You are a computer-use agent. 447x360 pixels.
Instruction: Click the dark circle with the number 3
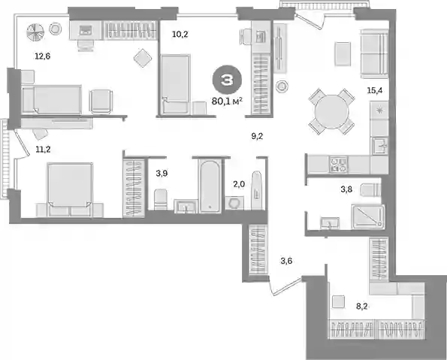(x=227, y=80)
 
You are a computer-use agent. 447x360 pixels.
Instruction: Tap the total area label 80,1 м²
(x=227, y=101)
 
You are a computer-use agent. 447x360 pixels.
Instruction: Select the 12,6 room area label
(x=43, y=56)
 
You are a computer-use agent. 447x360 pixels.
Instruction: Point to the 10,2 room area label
(x=180, y=35)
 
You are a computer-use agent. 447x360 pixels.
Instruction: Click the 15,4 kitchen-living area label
(x=375, y=91)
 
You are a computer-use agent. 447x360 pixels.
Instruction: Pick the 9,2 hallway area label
(x=257, y=136)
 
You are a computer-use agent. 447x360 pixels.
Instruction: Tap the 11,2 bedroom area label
(x=43, y=149)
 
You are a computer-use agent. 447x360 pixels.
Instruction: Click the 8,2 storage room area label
(x=361, y=307)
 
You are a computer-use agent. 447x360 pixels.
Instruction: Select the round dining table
(x=331, y=111)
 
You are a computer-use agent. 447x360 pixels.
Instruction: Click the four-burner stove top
(x=339, y=165)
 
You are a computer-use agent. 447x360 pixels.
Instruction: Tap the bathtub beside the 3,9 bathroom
(x=210, y=186)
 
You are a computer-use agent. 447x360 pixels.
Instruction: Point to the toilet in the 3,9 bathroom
(x=161, y=199)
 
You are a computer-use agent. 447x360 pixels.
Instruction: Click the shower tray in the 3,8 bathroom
(x=368, y=216)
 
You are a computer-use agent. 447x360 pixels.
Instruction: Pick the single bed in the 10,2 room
(x=175, y=85)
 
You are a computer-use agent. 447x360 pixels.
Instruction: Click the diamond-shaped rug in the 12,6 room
(x=143, y=58)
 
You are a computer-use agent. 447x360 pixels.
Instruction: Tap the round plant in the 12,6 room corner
(x=35, y=32)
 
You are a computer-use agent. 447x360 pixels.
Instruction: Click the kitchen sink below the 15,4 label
(x=379, y=146)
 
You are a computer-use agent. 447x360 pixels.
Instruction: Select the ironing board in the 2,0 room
(x=257, y=190)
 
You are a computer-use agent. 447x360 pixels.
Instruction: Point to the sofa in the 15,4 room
(x=374, y=56)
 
